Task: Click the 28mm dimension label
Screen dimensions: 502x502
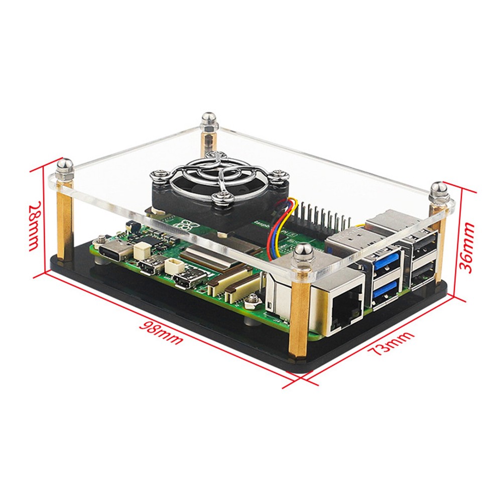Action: [34, 226]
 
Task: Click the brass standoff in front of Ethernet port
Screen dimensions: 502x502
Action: [297, 316]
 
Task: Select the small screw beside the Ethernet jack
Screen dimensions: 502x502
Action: [249, 300]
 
